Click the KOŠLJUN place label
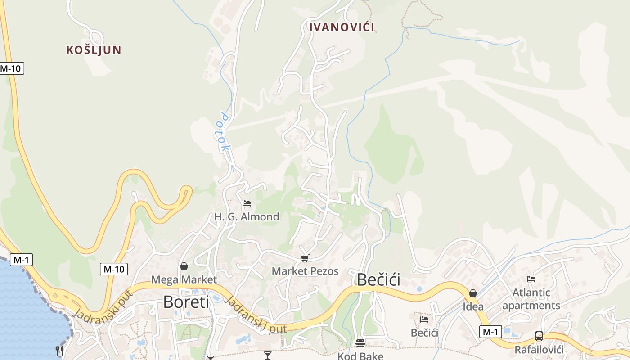pos(94,49)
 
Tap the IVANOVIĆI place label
pos(342,27)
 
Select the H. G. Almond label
pos(247,216)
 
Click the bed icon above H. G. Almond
pos(246,203)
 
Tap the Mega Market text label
pos(184,279)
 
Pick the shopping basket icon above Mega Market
pos(184,266)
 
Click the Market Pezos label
pos(305,271)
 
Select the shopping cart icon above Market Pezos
pos(305,258)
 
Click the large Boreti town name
pos(186,301)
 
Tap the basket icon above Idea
pos(473,293)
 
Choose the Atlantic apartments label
pos(531,299)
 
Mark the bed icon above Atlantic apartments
pos(531,279)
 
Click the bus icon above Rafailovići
pos(539,336)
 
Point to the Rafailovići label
pos(539,349)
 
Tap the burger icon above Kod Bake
pos(360,343)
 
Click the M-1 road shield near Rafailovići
pos(490,332)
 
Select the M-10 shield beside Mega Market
pos(114,269)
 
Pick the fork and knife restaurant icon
pos(59,351)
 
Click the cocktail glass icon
pos(268,355)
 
